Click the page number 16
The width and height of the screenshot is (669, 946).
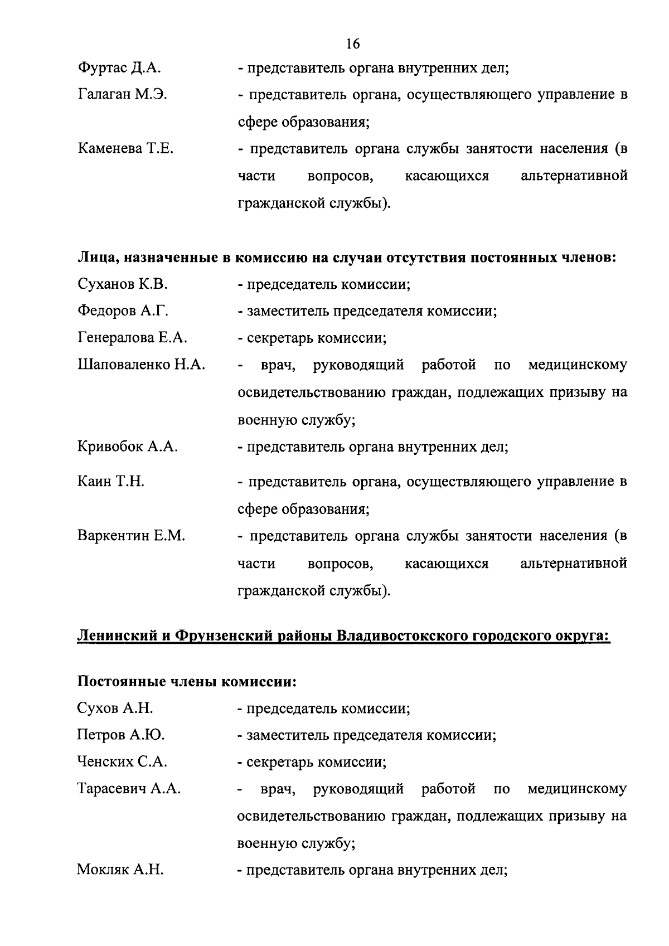(353, 43)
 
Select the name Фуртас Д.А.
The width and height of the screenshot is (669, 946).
(119, 69)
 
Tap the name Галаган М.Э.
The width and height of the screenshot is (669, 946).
(123, 95)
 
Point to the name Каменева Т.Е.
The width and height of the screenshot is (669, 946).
(125, 149)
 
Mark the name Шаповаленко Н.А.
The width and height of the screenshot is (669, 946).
(141, 365)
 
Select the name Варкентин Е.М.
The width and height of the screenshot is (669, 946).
(131, 536)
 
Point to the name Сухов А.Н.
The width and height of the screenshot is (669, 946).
(115, 709)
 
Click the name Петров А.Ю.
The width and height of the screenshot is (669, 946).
(120, 735)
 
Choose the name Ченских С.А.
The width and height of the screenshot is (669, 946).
(122, 762)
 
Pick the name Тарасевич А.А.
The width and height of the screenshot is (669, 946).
(129, 789)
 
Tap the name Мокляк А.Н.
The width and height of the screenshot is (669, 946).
(120, 870)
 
